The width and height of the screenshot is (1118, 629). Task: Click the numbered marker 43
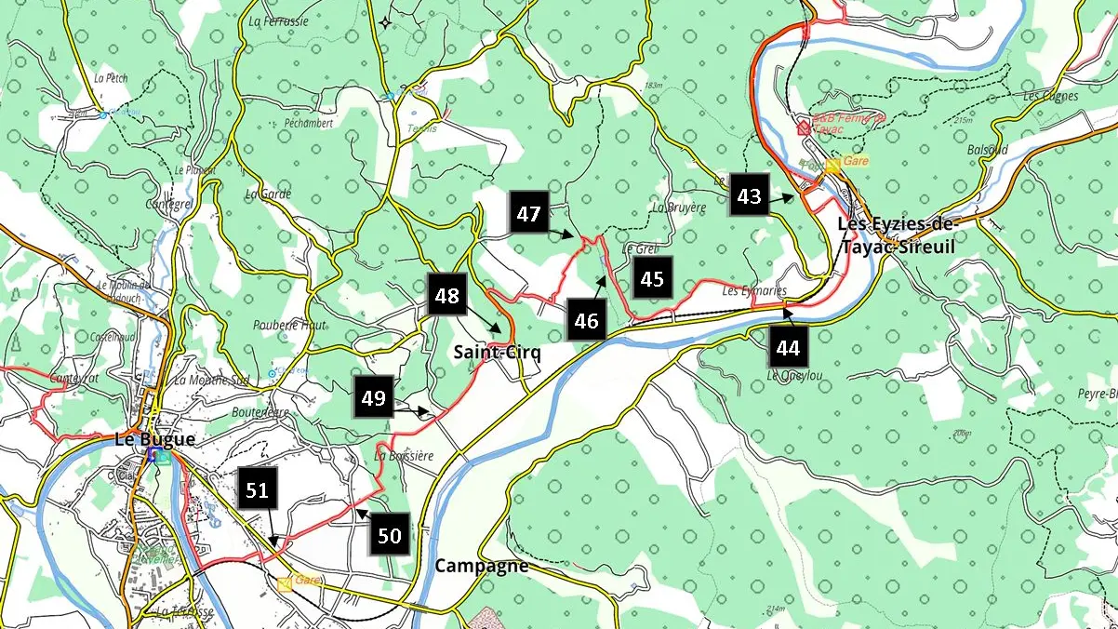pyautogui.click(x=749, y=197)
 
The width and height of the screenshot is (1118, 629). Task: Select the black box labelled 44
pyautogui.click(x=789, y=349)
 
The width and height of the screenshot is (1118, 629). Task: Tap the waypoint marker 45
pyautogui.click(x=652, y=278)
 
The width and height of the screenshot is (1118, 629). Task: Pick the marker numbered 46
pyautogui.click(x=586, y=322)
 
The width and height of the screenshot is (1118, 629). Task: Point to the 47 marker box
pyautogui.click(x=529, y=214)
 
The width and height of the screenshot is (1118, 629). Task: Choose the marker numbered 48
pyautogui.click(x=447, y=296)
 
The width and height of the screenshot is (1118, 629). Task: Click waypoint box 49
pyautogui.click(x=373, y=398)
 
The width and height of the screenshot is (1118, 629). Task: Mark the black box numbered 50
pyautogui.click(x=390, y=536)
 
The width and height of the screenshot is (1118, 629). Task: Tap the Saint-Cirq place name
pyautogui.click(x=497, y=353)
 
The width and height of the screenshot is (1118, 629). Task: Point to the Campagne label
pyautogui.click(x=482, y=566)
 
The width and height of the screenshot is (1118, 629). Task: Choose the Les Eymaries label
pyautogui.click(x=754, y=291)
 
